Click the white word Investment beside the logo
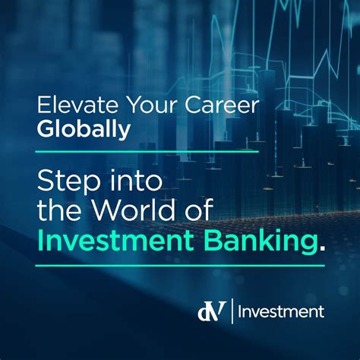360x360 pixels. pos(283,311)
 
